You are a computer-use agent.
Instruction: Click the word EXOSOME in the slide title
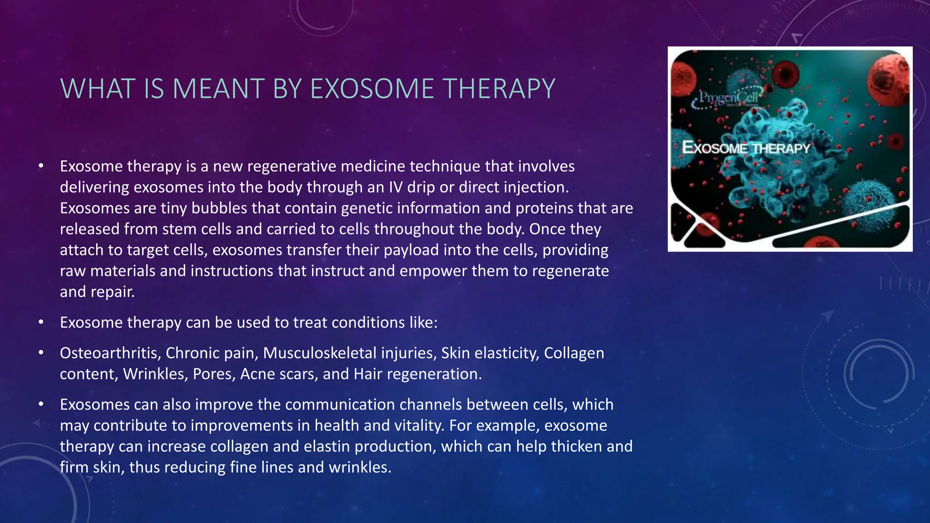(x=372, y=89)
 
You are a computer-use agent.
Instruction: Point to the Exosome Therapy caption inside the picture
(x=746, y=148)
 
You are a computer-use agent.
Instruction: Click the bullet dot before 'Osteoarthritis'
(x=41, y=353)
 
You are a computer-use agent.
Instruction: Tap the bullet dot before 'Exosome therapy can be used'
(x=41, y=322)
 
